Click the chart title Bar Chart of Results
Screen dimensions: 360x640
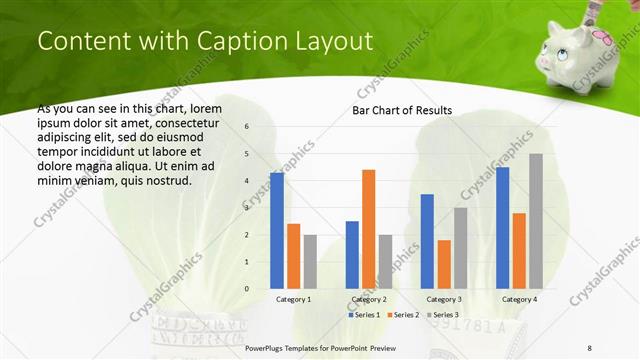[402, 110]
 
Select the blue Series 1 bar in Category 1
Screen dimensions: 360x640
[277, 230]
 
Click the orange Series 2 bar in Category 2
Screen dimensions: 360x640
[368, 229]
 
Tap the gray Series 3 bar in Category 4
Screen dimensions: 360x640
[536, 221]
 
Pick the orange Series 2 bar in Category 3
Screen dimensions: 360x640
[444, 264]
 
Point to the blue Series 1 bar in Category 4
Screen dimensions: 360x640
[502, 227]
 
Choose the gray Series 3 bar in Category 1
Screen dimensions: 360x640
[310, 261]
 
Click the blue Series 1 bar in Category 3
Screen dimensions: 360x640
[427, 241]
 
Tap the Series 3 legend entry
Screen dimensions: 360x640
[443, 315]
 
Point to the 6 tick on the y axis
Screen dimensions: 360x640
[247, 126]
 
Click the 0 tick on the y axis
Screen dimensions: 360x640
[247, 289]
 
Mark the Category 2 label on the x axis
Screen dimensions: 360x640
[369, 299]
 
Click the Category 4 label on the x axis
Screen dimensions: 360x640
[519, 299]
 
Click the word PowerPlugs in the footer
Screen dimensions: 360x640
[268, 347]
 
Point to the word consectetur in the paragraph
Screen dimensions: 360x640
[188, 120]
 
